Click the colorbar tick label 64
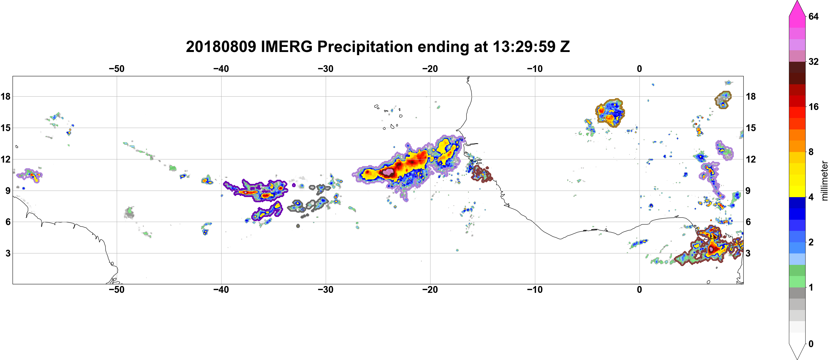coord(813,16)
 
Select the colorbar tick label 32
coord(813,61)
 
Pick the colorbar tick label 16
coord(813,107)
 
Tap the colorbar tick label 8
coord(811,152)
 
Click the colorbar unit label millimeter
coord(824,181)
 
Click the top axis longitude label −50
coord(116,69)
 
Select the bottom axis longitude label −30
coord(326,290)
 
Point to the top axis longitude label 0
coord(639,69)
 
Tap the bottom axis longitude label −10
coord(535,290)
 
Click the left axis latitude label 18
coord(5,96)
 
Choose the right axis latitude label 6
coord(748,222)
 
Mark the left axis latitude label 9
coord(8,191)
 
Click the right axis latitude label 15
coord(751,128)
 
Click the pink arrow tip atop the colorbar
coord(797,2)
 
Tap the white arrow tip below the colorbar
coord(797,358)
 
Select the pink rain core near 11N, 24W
coord(388,172)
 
